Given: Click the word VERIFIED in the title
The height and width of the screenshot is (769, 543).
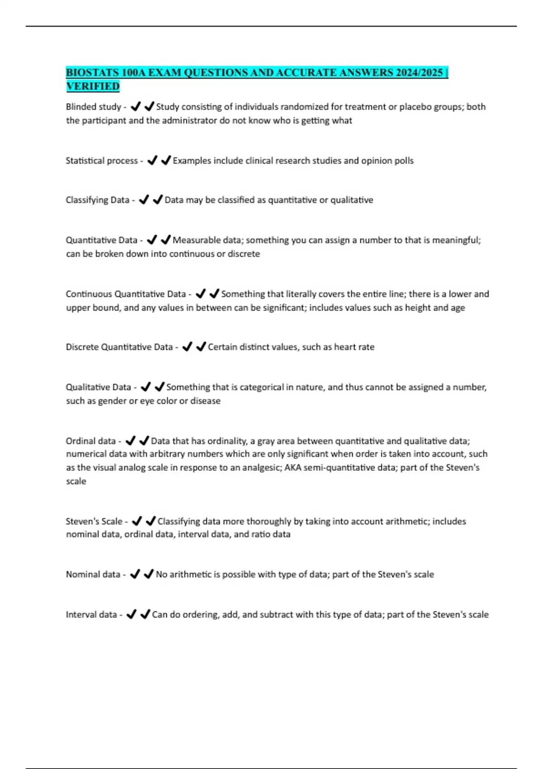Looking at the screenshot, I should click(93, 86).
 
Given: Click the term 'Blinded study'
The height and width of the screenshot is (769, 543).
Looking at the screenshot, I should click(93, 107).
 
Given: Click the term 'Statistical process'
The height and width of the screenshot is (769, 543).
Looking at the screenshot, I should click(102, 161).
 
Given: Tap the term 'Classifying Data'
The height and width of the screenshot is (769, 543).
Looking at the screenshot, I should click(97, 200).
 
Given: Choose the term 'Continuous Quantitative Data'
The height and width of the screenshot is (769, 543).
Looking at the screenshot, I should click(126, 294).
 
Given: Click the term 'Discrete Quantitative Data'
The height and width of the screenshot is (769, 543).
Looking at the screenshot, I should click(119, 347).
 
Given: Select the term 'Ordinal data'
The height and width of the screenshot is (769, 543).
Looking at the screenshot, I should click(90, 441).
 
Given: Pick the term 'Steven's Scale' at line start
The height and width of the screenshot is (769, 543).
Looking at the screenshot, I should click(94, 522).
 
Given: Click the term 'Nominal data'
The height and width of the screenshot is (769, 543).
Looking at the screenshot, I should click(93, 574).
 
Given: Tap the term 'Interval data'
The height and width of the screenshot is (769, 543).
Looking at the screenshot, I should click(91, 615).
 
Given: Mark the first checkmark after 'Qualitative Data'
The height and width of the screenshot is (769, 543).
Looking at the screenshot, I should click(146, 387).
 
